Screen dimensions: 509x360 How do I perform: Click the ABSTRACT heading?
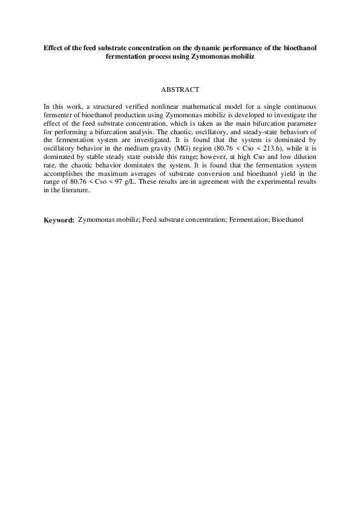coord(180,89)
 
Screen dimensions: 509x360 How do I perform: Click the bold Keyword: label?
coord(59,220)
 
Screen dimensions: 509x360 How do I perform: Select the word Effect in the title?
coord(54,47)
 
